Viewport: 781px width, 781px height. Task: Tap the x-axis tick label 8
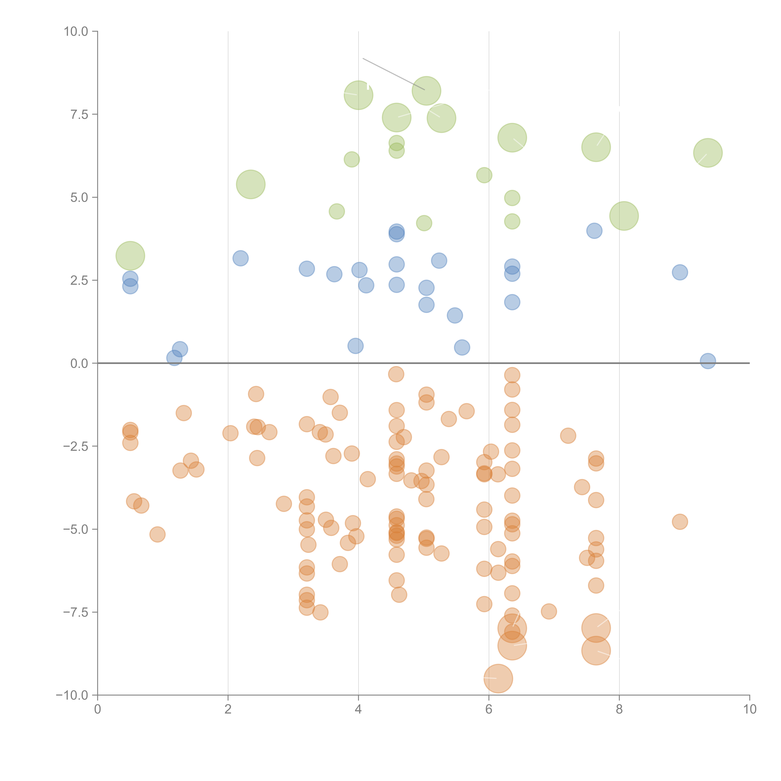[619, 709]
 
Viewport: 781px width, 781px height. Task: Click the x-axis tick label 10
[749, 709]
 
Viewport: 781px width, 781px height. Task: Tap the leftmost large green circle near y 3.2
[130, 256]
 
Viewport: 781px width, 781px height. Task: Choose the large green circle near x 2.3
[251, 184]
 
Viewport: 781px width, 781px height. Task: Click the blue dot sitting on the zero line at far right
[708, 361]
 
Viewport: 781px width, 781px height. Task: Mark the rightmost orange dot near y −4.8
[680, 522]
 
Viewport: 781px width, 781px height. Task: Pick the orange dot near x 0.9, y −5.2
[157, 534]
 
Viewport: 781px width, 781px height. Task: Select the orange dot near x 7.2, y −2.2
[568, 436]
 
